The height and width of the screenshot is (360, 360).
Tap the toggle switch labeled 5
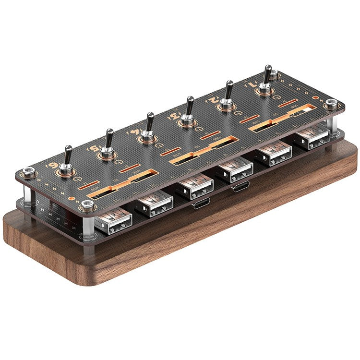coord(108,144)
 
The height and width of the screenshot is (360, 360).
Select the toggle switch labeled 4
coord(149,129)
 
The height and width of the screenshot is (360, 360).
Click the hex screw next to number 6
coord(30,171)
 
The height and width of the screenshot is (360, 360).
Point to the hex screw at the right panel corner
coord(331,104)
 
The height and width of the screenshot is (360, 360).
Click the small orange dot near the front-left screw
coord(72,197)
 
